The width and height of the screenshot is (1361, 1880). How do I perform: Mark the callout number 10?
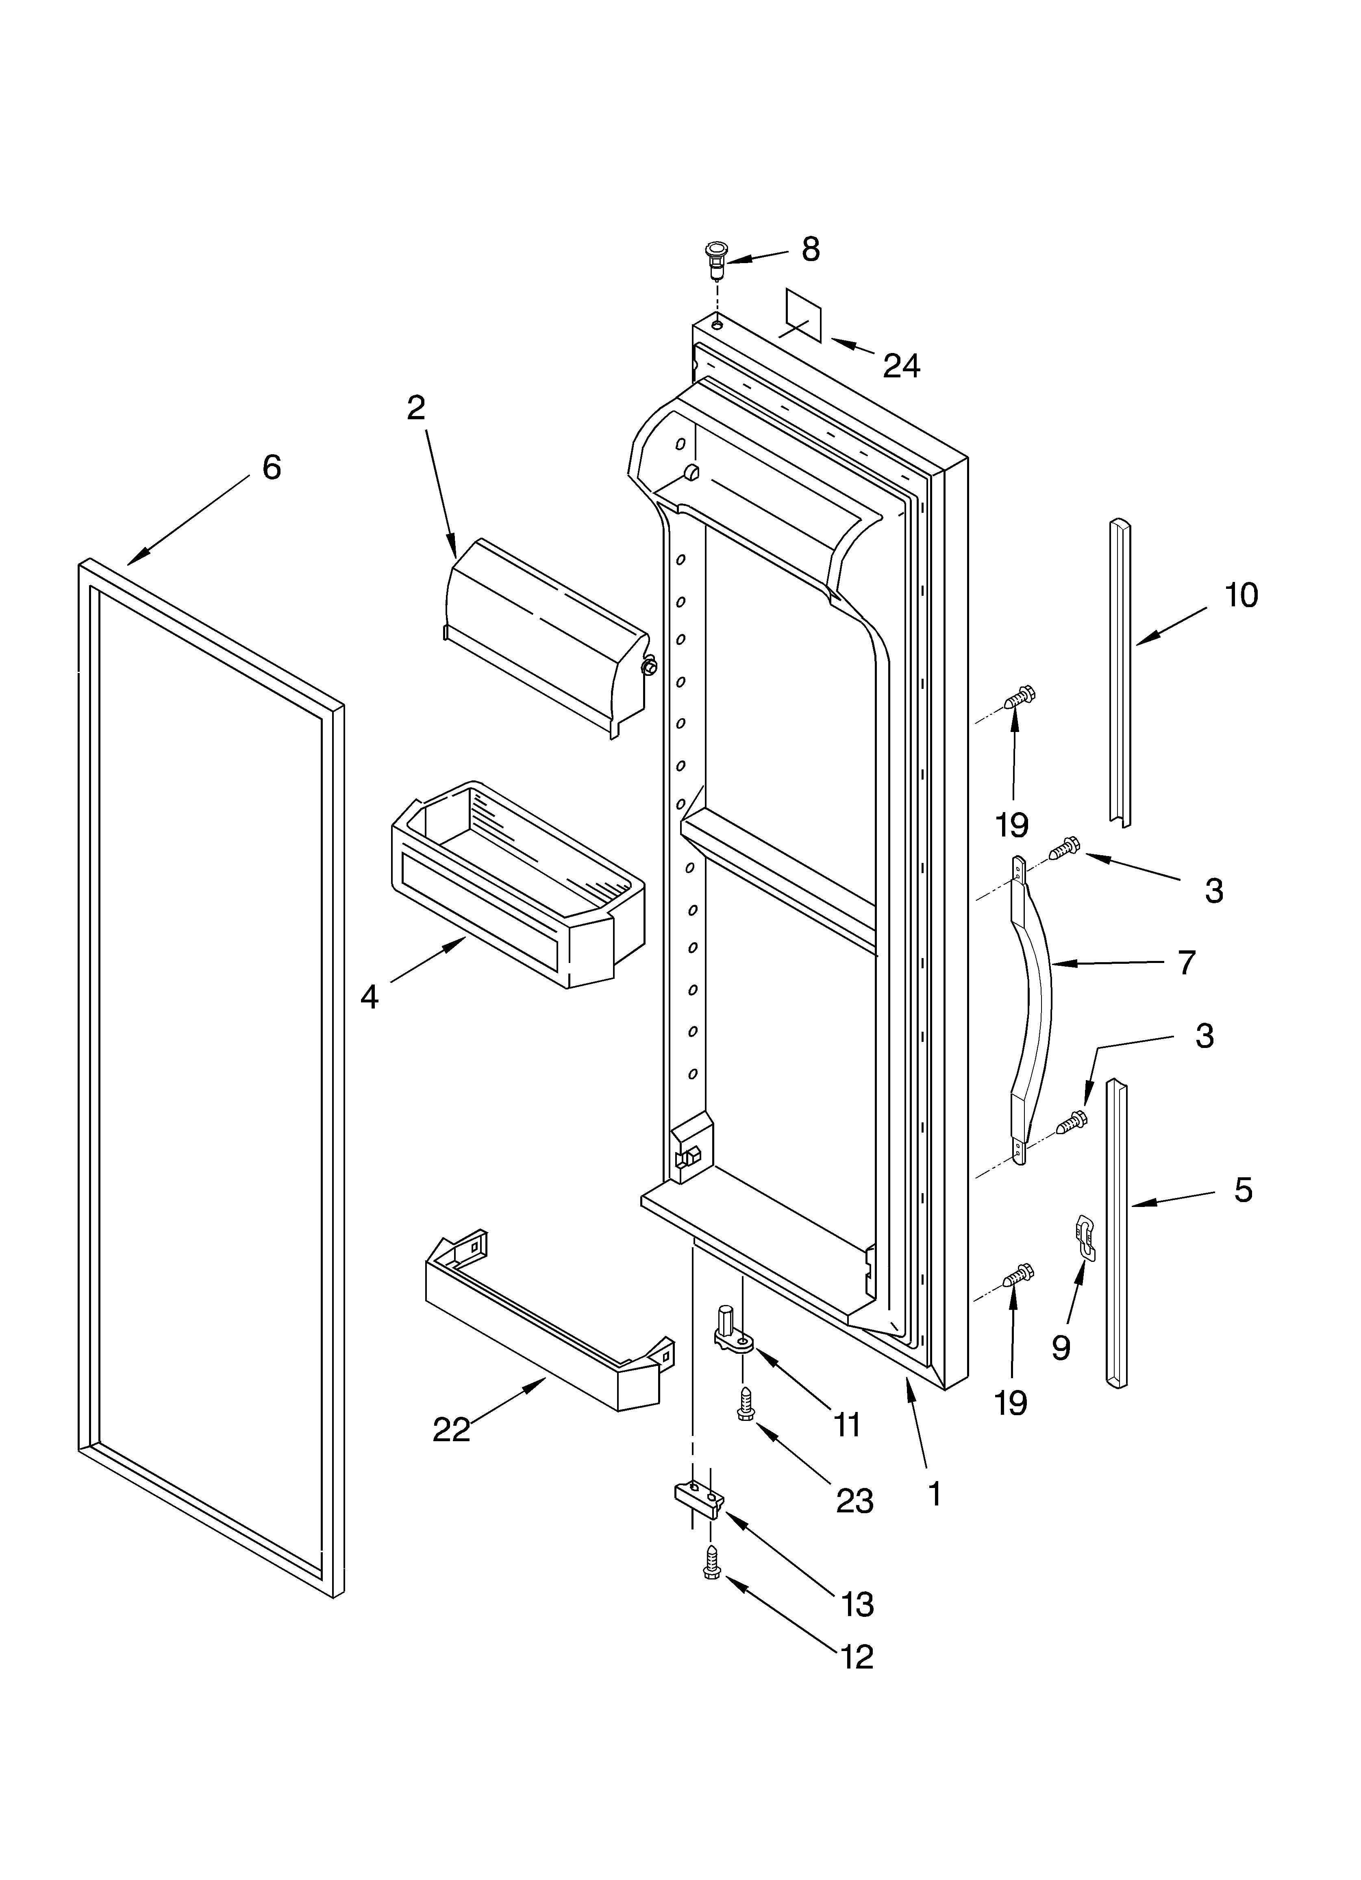click(1241, 595)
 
